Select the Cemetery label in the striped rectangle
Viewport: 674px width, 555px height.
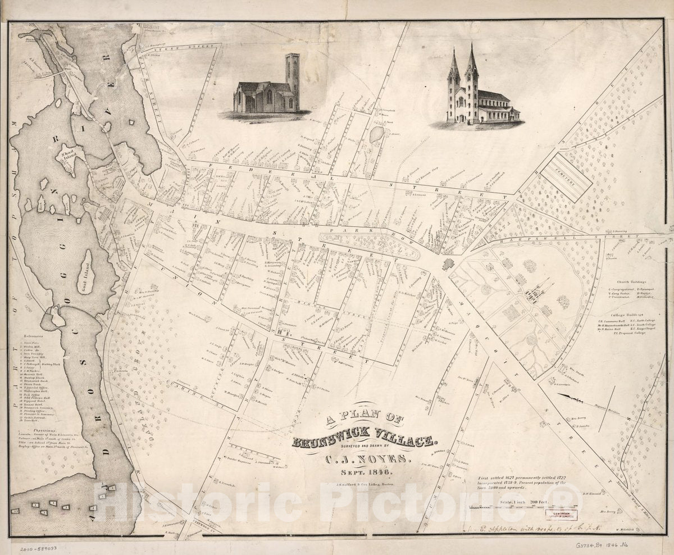563,176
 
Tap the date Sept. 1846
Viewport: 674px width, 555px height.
368,472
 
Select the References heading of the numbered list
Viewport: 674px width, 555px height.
31,333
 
